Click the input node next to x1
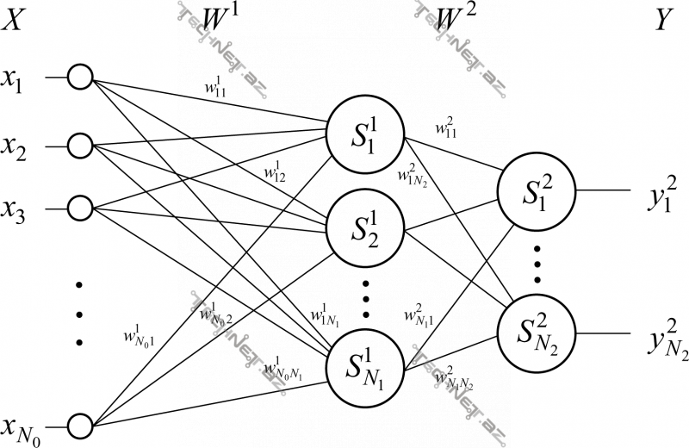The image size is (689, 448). (x=80, y=78)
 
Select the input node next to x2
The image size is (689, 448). (x=80, y=144)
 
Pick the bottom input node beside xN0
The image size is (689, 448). (x=80, y=424)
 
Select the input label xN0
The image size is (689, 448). (x=22, y=426)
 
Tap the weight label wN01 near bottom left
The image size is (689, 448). (x=140, y=334)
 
